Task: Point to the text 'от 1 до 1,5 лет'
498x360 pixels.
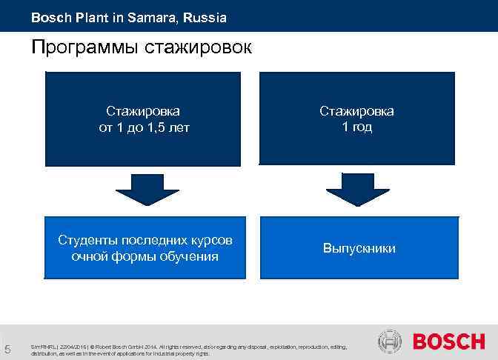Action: pyautogui.click(x=144, y=127)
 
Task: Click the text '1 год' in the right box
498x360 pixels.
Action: pyautogui.click(x=356, y=127)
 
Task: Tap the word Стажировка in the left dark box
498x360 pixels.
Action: pyautogui.click(x=143, y=111)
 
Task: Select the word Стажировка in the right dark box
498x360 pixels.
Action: pyautogui.click(x=356, y=111)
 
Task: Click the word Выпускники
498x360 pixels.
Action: pyautogui.click(x=359, y=248)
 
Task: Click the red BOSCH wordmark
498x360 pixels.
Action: pyautogui.click(x=448, y=342)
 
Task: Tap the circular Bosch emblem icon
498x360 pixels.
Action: pyautogui.click(x=390, y=342)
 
